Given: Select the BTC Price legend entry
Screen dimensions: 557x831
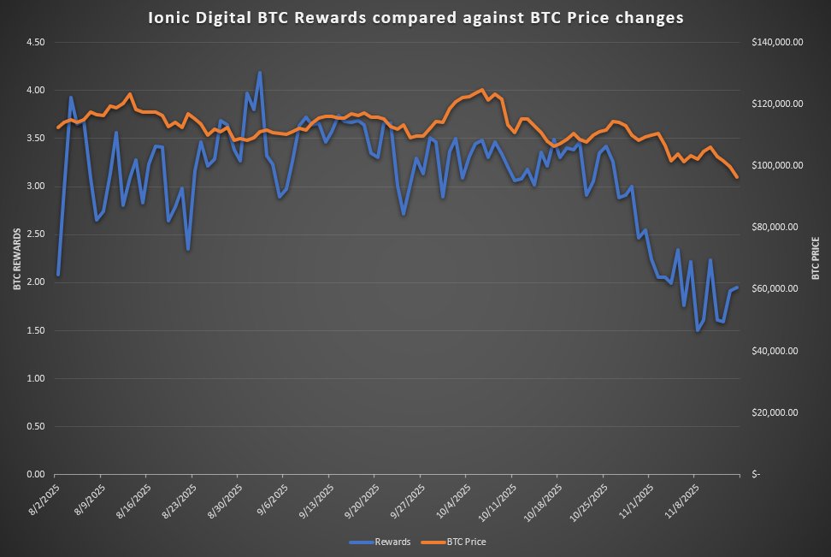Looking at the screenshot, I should (x=463, y=542).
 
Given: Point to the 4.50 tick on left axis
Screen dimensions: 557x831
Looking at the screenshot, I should (x=36, y=42).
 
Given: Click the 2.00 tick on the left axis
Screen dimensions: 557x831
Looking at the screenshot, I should (x=36, y=282).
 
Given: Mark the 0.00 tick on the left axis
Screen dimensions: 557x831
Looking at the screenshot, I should (x=36, y=474).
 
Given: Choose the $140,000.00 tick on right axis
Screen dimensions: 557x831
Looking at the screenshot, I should (x=774, y=42).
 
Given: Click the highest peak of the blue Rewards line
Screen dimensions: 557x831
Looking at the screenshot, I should (x=260, y=72).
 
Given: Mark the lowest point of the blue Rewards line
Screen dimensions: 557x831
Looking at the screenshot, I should (x=698, y=330).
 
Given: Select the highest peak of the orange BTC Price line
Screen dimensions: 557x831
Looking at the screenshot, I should (x=483, y=90).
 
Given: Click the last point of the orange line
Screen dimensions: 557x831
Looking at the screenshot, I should (x=738, y=177).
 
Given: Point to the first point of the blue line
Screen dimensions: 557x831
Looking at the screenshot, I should (x=57, y=275).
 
